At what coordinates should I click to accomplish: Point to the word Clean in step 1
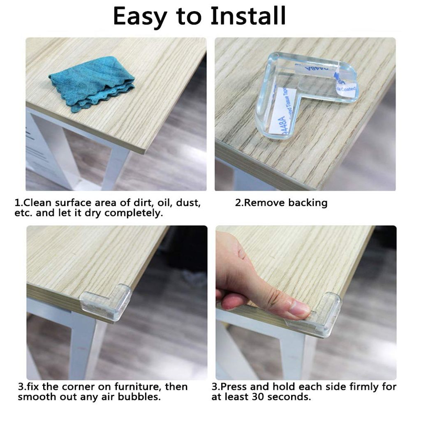pos(37,203)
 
